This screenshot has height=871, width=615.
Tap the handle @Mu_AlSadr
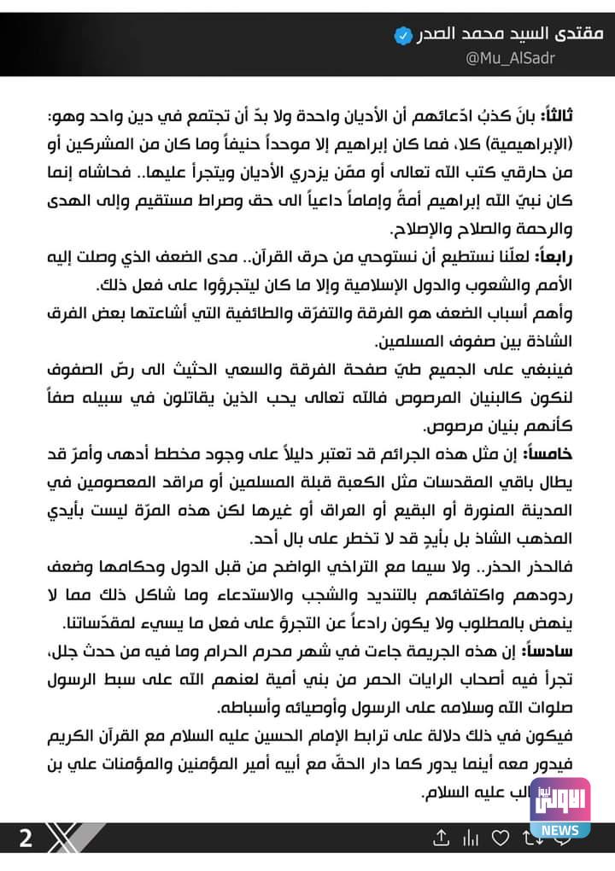(497, 58)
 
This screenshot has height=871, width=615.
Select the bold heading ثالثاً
(583, 115)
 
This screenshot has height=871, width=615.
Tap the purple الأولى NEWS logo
(559, 808)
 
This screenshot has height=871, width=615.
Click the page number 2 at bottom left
(25, 838)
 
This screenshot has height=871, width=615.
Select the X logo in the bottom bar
(67, 838)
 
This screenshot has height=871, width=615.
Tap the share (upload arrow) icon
(441, 839)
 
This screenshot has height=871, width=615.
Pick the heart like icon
(504, 839)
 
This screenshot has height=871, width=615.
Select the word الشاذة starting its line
(577, 342)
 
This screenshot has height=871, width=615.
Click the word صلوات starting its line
(577, 707)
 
